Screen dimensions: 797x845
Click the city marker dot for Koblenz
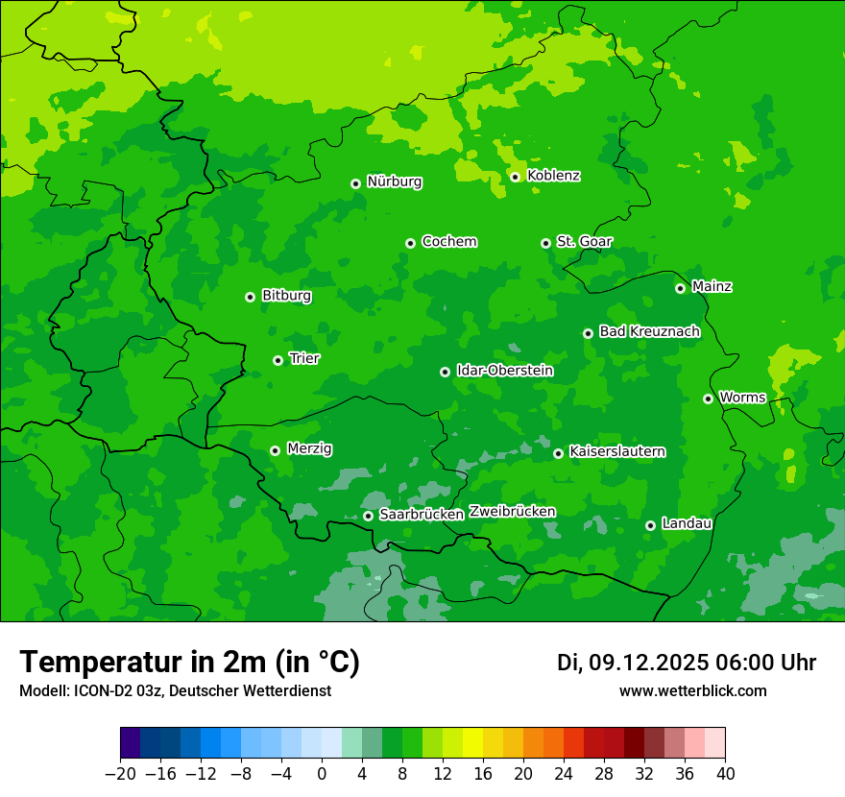[516, 177]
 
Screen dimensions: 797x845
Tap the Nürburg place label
[394, 181]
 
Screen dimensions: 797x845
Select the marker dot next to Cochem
[410, 243]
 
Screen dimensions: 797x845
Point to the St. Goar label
[584, 242]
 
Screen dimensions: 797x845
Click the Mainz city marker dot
[680, 288]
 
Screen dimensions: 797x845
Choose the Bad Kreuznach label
[649, 332]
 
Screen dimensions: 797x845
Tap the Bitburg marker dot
[250, 297]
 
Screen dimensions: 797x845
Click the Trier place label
[304, 359]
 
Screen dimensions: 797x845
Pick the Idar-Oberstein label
[504, 371]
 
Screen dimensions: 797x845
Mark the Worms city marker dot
[708, 398]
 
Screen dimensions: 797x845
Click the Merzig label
[309, 449]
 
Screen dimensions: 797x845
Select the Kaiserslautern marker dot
[558, 453]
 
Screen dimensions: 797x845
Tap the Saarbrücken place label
[422, 515]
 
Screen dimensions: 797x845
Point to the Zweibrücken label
[512, 512]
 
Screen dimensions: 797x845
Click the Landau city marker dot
[650, 525]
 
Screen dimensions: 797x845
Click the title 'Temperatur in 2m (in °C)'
[189, 663]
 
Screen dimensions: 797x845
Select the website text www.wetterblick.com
[692, 691]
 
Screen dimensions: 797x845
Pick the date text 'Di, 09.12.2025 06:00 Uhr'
[686, 663]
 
